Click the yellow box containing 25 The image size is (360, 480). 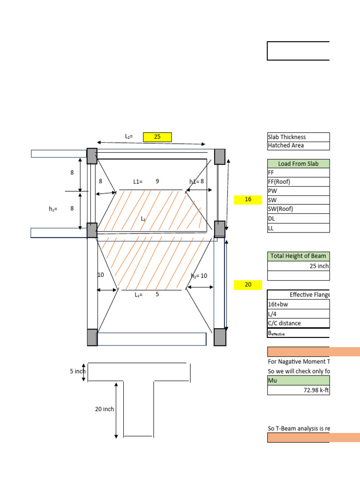point(157,137)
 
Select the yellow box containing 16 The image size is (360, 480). point(248,200)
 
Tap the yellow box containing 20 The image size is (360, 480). point(248,285)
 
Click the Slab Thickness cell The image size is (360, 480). point(298,137)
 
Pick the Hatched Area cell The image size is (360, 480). point(298,145)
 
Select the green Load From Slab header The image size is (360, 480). point(298,164)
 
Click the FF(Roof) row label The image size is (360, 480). point(298,182)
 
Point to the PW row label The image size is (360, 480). point(298,191)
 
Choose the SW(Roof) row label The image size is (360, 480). point(298,209)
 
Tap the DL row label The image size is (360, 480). point(298,218)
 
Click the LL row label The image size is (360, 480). point(298,228)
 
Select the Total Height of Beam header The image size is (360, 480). point(298,256)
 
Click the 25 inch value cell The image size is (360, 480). point(298,266)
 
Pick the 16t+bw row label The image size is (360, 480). point(298,304)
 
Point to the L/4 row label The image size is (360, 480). point(298,314)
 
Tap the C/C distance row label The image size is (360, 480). point(298,323)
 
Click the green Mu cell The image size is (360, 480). point(298,380)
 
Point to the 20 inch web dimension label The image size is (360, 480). point(105,409)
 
